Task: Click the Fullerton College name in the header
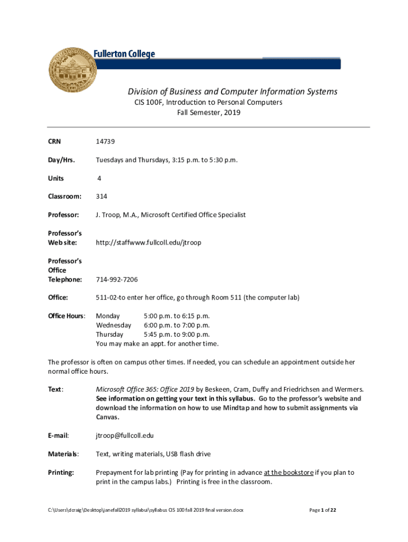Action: coord(125,54)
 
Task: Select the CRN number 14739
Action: coord(105,141)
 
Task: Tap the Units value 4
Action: coord(99,178)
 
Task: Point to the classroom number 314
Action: coord(101,196)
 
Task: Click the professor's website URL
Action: coord(148,242)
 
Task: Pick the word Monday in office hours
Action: coord(108,316)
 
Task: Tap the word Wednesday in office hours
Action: coord(113,325)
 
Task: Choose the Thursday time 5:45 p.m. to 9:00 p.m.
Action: coord(177,335)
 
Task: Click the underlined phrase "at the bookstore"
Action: coord(288,472)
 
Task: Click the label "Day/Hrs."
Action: coord(61,160)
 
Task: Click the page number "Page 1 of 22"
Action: coord(322,510)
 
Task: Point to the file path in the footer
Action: coord(145,510)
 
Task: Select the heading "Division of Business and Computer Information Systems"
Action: coord(225,92)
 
